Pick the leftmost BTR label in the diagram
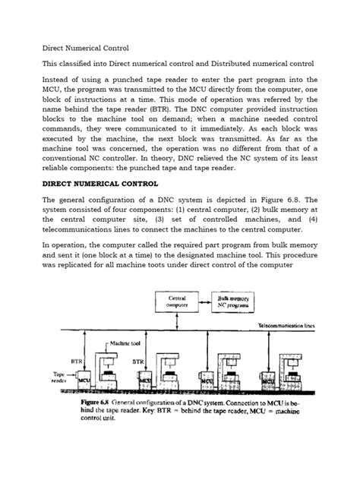click(75, 362)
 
